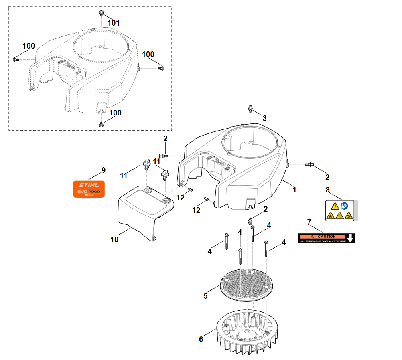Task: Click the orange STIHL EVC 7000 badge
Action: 88,189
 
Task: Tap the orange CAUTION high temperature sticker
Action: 326,238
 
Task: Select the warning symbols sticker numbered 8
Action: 340,211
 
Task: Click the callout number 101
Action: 114,23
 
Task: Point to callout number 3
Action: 264,118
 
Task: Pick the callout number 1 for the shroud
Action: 294,190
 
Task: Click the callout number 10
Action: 114,239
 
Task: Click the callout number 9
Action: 104,170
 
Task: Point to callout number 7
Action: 309,222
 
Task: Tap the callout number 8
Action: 327,189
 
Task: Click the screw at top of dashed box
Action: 101,13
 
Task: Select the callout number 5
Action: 205,296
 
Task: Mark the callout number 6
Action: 201,339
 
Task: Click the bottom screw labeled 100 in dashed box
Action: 101,124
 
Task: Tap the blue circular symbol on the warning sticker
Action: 344,206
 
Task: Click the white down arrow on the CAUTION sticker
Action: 350,238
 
